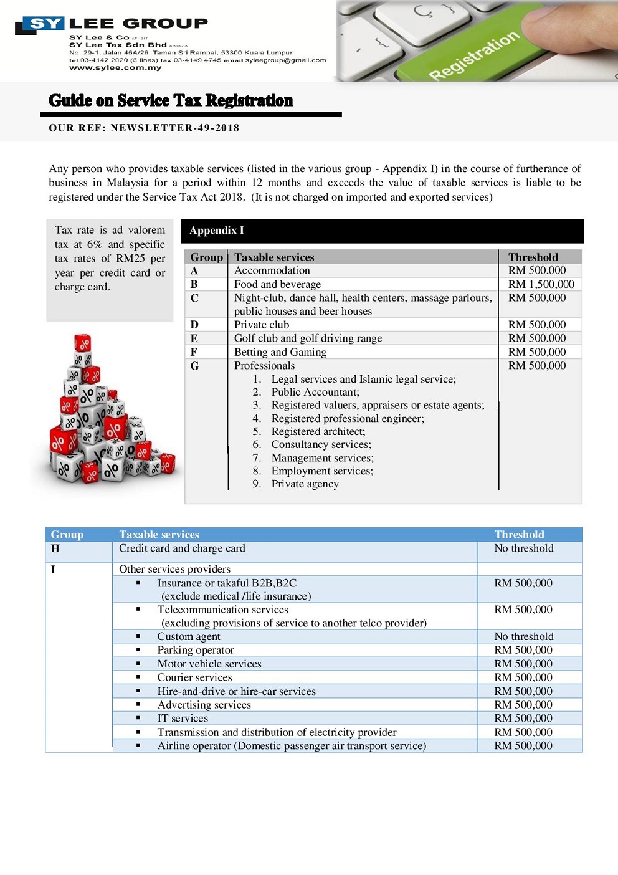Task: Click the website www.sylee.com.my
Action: click(x=115, y=68)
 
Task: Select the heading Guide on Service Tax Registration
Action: click(x=171, y=100)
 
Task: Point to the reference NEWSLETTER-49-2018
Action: click(x=175, y=128)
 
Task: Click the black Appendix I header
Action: click(x=382, y=231)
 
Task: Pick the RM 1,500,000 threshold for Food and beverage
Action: click(x=541, y=284)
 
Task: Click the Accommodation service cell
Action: click(x=272, y=270)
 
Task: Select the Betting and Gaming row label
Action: click(x=280, y=352)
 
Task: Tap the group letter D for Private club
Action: click(x=194, y=325)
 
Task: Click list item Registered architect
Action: click(x=318, y=431)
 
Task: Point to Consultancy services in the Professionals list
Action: click(x=321, y=444)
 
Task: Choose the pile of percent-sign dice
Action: click(x=105, y=411)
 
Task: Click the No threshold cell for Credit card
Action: click(x=523, y=548)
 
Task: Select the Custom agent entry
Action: click(x=188, y=636)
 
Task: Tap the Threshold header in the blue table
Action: click(x=519, y=535)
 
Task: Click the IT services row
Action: click(x=183, y=719)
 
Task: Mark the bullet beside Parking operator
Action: click(x=138, y=650)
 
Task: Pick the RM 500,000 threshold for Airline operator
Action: click(x=523, y=746)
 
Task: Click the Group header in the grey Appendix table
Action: click(x=206, y=257)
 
